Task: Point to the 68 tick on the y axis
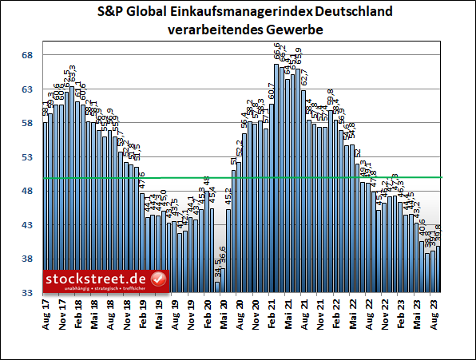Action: tap(26, 55)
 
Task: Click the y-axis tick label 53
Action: tap(26, 157)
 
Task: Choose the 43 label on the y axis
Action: tap(26, 226)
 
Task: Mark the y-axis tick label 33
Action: tap(26, 294)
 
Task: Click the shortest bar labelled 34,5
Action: tap(218, 287)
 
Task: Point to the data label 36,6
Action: tap(224, 259)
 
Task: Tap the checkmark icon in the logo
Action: tap(158, 279)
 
